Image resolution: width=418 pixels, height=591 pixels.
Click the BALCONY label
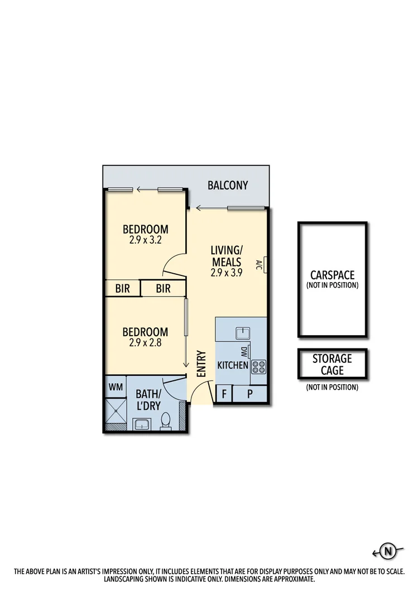228,185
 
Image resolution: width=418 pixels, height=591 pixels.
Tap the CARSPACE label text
332,275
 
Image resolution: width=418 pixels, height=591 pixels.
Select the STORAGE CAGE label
332,364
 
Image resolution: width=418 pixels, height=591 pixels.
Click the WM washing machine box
116,386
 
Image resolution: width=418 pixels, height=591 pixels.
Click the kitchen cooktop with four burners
259,367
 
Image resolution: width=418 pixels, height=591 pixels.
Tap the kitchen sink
243,333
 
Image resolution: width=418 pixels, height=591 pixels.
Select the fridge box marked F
224,394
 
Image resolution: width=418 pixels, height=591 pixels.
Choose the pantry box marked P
249,394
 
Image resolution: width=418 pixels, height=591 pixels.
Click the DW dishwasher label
244,352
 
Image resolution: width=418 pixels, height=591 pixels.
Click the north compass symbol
387,552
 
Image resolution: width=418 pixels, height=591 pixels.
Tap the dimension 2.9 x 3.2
145,241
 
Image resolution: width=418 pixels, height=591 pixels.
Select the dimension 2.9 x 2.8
145,343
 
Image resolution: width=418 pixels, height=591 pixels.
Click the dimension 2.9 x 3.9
226,273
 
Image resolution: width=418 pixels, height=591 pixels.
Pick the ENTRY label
201,362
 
